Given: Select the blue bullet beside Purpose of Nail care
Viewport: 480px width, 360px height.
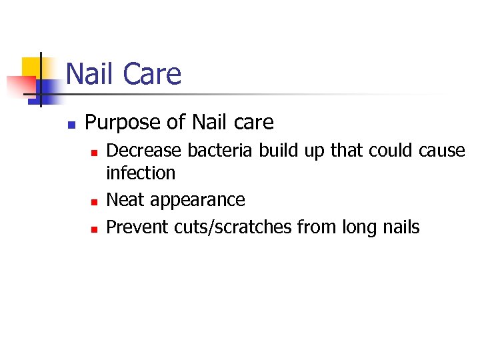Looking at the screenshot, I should click(x=71, y=124).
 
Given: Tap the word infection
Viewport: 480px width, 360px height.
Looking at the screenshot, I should click(x=141, y=173).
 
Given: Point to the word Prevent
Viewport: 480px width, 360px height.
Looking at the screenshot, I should click(x=137, y=227).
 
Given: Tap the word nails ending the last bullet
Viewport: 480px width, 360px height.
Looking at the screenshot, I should click(x=402, y=227).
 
